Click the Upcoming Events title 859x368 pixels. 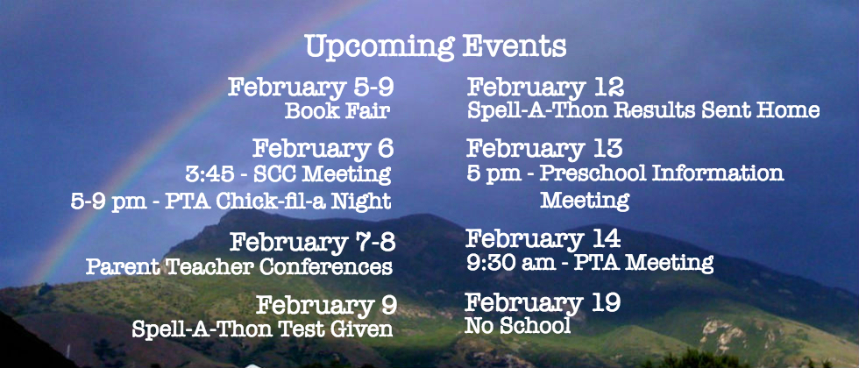[436, 47]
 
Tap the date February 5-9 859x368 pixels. [310, 88]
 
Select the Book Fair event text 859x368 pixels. [337, 111]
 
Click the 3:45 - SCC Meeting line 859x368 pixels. [288, 174]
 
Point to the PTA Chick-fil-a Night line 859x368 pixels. [231, 201]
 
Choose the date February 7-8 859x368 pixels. [312, 243]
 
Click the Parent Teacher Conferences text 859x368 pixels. [238, 267]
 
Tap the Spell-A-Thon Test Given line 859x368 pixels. [262, 329]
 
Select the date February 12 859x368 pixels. [545, 88]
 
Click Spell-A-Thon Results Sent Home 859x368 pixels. [643, 110]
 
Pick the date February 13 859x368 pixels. [544, 148]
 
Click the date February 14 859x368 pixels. [543, 238]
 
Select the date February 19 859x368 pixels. [543, 303]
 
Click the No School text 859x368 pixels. [518, 326]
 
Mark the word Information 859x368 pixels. [718, 173]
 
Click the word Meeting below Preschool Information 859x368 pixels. [585, 201]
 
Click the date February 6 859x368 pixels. [323, 148]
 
